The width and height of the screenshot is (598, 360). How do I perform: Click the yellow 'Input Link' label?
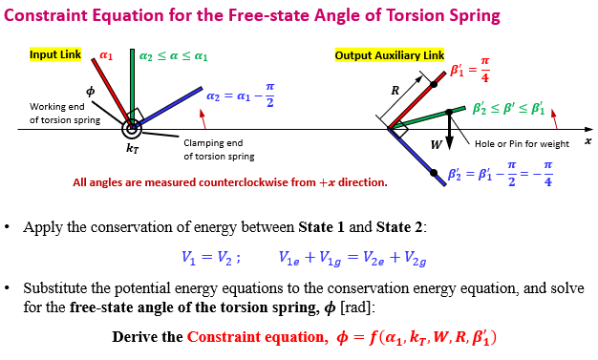tap(56, 55)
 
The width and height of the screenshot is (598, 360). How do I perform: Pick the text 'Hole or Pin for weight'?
tap(522, 143)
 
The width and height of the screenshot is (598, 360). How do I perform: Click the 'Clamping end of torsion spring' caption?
tap(217, 149)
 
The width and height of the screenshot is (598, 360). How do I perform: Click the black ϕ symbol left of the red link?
tap(91, 90)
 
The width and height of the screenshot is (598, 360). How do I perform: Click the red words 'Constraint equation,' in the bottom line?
tap(258, 337)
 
